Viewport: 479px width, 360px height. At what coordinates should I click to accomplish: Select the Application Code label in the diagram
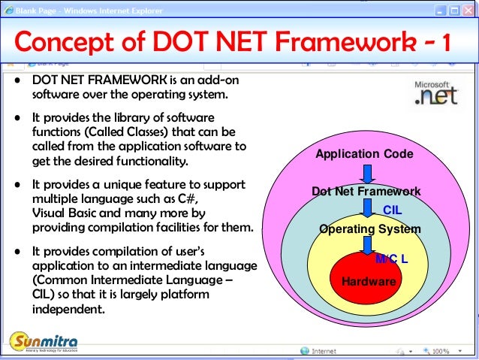pos(364,154)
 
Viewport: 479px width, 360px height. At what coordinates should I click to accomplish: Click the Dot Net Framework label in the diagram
pos(366,192)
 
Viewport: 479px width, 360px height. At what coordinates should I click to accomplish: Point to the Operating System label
pos(369,229)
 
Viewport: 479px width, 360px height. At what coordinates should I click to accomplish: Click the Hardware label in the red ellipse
pos(368,281)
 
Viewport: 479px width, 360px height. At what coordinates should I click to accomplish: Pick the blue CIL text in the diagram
pos(392,210)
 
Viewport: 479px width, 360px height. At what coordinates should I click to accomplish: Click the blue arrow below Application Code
pos(367,172)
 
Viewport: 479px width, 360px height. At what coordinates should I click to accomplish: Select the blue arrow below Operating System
pos(367,245)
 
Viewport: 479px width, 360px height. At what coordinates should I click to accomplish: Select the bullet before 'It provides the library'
pos(17,119)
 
